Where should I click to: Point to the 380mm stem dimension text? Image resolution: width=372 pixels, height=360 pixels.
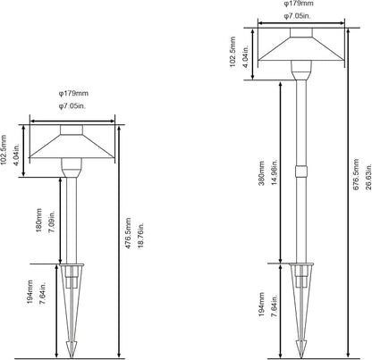click(261, 173)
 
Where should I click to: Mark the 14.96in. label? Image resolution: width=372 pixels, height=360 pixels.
click(275, 172)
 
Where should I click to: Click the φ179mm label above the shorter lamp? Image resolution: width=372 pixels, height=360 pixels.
click(73, 93)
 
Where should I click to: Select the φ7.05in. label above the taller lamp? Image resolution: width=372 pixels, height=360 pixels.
click(297, 16)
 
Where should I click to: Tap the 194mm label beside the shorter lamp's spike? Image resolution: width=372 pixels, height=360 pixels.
click(30, 292)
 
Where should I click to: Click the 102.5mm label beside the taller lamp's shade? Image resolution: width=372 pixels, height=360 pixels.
click(232, 52)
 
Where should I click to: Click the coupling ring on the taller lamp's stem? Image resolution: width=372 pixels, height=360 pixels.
click(301, 172)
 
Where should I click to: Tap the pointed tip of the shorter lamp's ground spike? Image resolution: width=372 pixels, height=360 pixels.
click(72, 357)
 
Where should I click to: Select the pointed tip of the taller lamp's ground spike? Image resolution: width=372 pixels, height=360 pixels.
click(301, 357)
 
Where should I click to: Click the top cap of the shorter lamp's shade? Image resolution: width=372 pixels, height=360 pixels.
click(72, 130)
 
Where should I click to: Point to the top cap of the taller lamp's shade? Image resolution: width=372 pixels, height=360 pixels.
click(301, 33)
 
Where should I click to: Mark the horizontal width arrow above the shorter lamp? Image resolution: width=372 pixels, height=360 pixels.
click(72, 121)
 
